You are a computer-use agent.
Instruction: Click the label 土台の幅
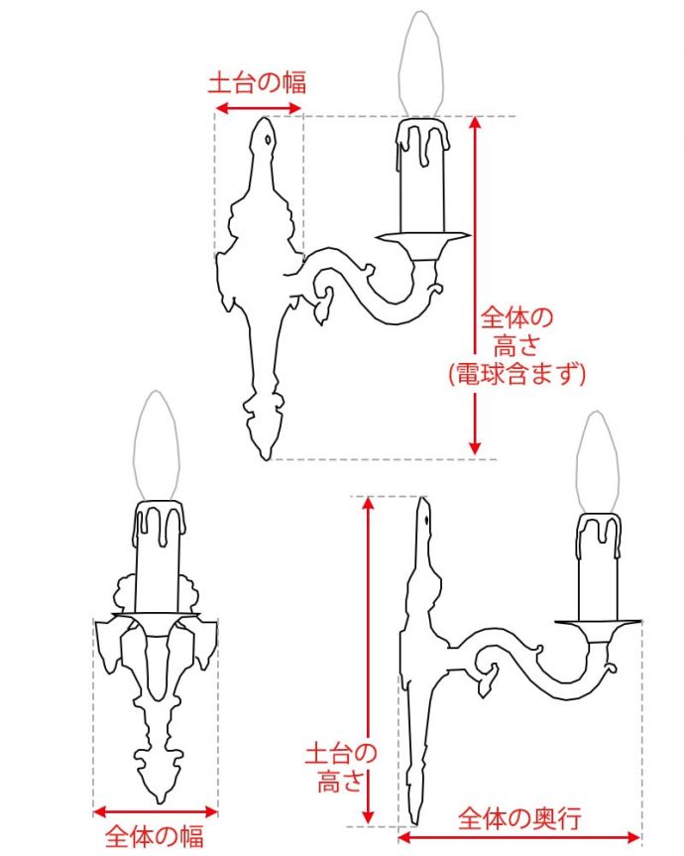[x=256, y=81]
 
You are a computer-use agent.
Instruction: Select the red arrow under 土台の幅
[x=258, y=107]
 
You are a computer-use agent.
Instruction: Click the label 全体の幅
[x=155, y=836]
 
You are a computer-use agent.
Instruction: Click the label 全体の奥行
[x=519, y=818]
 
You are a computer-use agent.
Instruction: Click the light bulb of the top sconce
[x=423, y=64]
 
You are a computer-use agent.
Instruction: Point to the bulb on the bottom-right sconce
[x=598, y=462]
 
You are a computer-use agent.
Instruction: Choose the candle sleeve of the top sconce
[x=422, y=179]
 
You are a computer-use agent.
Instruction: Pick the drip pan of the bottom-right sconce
[x=598, y=625]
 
